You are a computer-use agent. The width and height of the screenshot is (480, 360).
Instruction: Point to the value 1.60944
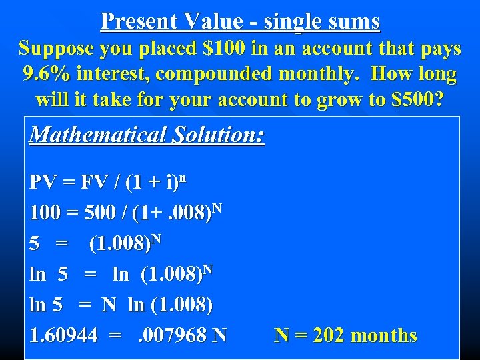pyautogui.click(x=64, y=335)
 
